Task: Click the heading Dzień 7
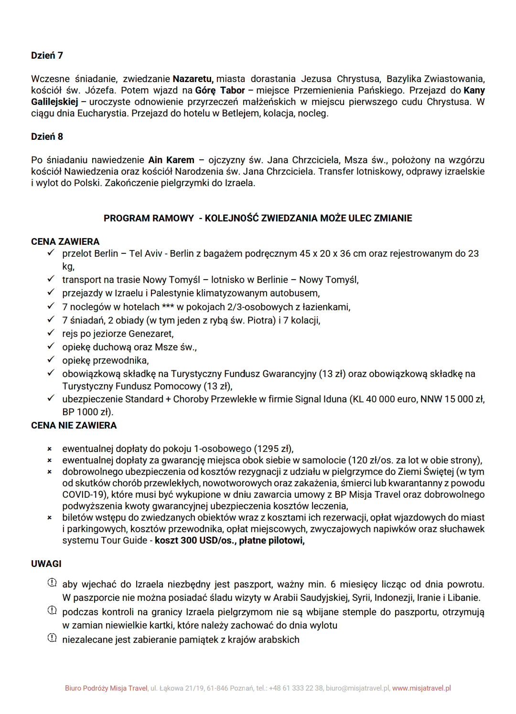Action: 47,55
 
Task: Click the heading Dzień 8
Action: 47,136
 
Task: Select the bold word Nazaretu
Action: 193,79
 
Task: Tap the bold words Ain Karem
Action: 171,160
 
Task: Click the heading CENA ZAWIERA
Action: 65,241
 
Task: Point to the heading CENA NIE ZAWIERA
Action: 74,425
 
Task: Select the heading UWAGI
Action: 46,564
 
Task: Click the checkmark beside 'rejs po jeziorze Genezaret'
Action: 51,333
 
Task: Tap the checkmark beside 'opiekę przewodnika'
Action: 51,359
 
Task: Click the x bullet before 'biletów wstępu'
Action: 49,518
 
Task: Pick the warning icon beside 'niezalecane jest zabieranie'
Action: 52,638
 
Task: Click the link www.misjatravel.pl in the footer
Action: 421,688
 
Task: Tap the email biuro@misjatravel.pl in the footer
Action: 357,688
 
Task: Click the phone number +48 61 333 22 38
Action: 296,688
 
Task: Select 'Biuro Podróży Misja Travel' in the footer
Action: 106,688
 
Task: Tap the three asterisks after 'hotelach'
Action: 168,306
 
